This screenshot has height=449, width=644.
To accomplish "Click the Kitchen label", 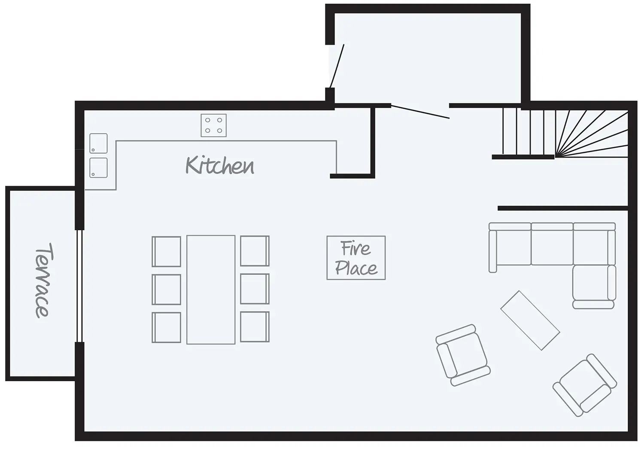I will (219, 166).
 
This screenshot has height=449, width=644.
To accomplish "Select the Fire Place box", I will (356, 258).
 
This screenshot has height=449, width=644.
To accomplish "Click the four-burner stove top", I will (213, 125).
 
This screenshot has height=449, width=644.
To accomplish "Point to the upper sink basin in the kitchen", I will (98, 143).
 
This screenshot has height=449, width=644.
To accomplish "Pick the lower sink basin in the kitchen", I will (98, 168).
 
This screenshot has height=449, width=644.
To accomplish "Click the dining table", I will (211, 290).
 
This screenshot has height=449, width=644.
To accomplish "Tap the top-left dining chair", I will (167, 251).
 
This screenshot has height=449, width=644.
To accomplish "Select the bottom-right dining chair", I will (255, 327).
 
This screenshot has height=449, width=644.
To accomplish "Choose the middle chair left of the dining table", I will (167, 289).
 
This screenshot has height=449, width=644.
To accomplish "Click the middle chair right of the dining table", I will (255, 289).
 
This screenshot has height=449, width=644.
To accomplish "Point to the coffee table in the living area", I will (530, 320).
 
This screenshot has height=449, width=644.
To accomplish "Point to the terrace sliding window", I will (79, 286).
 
